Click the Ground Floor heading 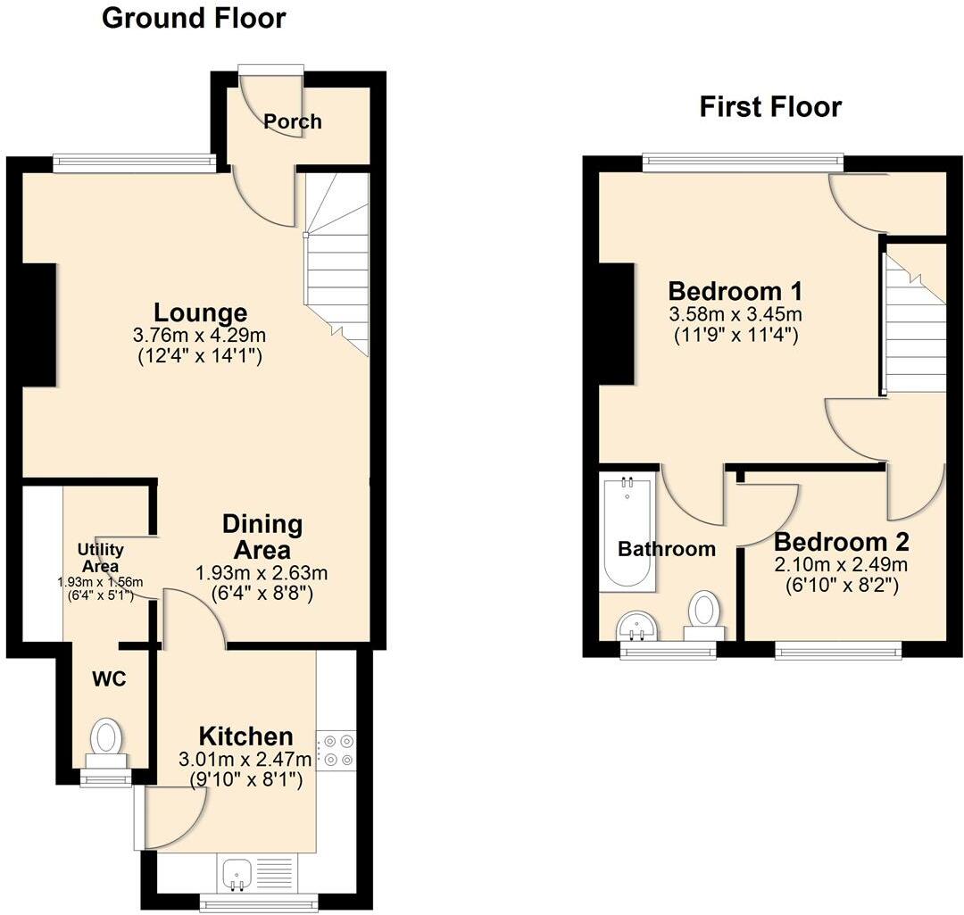tap(194, 18)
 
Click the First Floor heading tap(770, 107)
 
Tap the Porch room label tap(293, 121)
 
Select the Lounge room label tap(200, 313)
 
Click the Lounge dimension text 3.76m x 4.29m tap(200, 336)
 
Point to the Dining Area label tap(262, 537)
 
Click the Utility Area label tap(100, 557)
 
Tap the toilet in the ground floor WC tap(107, 740)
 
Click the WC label tap(109, 679)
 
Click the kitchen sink tap(237, 871)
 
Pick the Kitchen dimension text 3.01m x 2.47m tap(246, 760)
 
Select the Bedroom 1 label tap(735, 291)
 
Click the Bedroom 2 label tap(841, 542)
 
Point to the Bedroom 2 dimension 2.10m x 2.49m tap(841, 565)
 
